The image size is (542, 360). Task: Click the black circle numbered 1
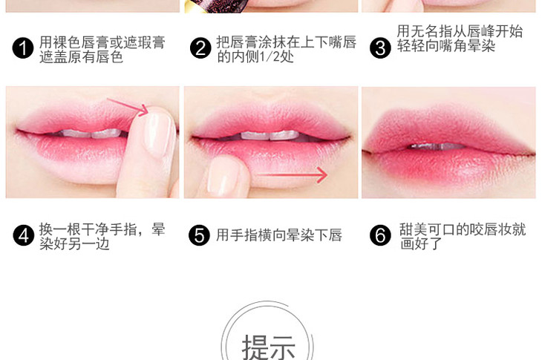pos(23,48)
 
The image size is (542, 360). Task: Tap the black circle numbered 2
pos(200,48)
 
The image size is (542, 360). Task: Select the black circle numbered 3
pos(380,48)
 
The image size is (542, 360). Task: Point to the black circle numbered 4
pos(24,235)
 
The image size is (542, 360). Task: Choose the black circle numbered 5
pos(199,235)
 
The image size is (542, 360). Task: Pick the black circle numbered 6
pos(380,235)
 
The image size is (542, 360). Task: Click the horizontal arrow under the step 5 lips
pos(292,175)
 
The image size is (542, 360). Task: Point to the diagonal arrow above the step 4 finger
pos(127,106)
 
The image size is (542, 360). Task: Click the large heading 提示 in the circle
pos(268,347)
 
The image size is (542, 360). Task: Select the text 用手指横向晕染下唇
pos(279,235)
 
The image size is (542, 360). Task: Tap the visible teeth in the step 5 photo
pos(270,135)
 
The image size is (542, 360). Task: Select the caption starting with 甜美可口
pos(463,236)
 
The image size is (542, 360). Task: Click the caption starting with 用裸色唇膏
pos(102,50)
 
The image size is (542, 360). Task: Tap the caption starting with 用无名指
pos(460,39)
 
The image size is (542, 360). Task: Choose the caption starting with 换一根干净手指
pos(102,236)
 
